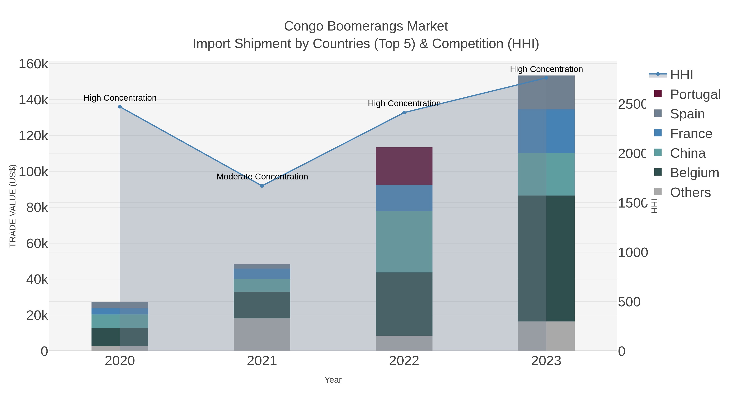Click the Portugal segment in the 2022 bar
404,166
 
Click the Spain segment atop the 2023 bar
546,92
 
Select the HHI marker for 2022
404,113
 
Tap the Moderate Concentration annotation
262,177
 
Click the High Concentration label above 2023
546,69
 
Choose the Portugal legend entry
695,94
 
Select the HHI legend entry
681,75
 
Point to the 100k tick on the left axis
33,172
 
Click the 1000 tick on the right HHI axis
633,252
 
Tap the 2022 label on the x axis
404,361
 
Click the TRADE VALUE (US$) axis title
13,206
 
